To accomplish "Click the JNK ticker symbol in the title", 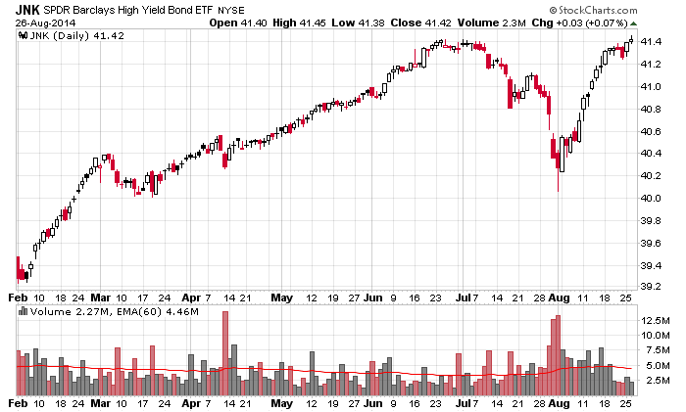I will (27, 8).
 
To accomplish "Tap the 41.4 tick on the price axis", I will (651, 42).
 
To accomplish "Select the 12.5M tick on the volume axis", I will (655, 320).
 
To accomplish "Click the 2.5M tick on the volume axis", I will (655, 380).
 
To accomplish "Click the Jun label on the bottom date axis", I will (374, 402).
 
